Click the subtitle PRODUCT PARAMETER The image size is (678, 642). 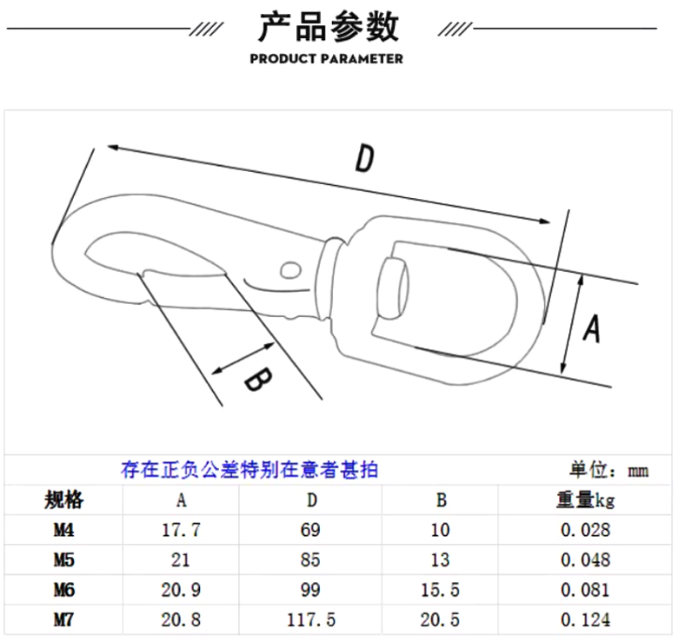click(x=326, y=59)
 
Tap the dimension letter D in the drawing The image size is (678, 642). click(x=365, y=159)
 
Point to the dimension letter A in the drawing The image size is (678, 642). click(x=592, y=328)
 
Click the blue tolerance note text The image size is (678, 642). click(x=249, y=471)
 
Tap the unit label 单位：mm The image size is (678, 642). click(x=608, y=471)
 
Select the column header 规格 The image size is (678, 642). click(x=63, y=500)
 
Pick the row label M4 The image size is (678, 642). click(x=63, y=530)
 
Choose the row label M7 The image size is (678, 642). click(x=63, y=619)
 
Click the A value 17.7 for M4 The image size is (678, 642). click(x=182, y=530)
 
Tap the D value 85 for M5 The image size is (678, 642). click(x=310, y=560)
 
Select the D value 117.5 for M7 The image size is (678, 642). click(x=310, y=619)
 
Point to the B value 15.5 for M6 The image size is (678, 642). click(x=441, y=590)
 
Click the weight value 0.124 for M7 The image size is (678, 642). click(x=585, y=619)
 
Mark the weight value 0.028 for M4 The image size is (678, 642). click(x=585, y=530)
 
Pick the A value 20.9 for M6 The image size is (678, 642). click(x=182, y=590)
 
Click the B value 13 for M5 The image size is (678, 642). click(x=441, y=560)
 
